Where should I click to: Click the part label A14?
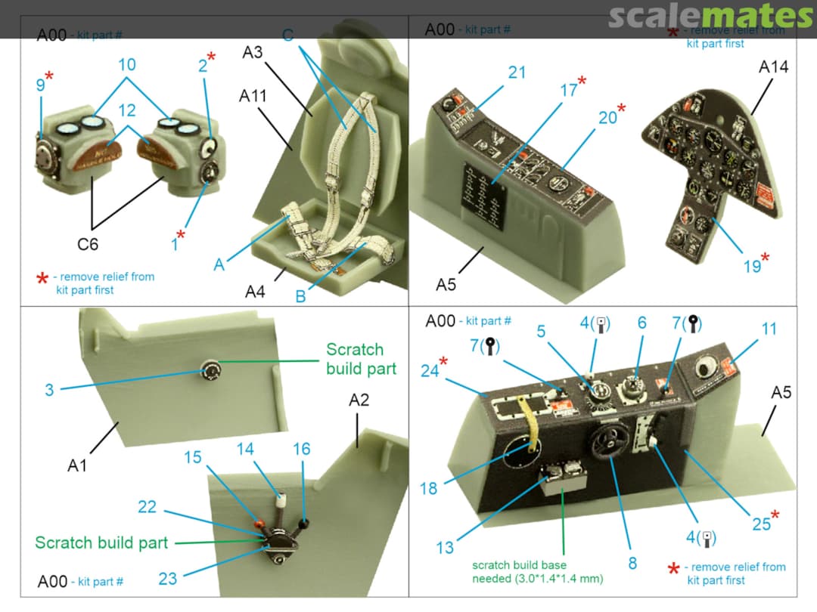tap(773, 67)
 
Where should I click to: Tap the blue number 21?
tap(517, 73)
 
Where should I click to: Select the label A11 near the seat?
tap(253, 97)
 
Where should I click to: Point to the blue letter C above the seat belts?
tap(287, 36)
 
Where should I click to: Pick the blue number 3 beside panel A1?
tap(49, 390)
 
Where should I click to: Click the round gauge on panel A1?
tap(210, 370)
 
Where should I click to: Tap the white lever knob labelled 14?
tap(281, 501)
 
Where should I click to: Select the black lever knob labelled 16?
tap(306, 523)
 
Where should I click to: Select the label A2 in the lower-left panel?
tap(359, 400)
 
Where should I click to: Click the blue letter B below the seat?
tap(300, 296)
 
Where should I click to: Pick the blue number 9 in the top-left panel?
tap(40, 86)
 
